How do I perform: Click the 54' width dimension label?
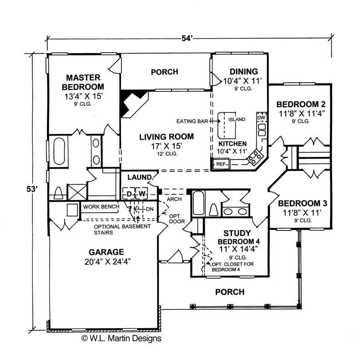187,38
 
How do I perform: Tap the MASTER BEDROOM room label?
83,82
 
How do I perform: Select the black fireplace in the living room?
132,101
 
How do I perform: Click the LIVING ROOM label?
166,136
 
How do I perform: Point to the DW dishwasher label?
261,118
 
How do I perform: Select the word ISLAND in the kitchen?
237,120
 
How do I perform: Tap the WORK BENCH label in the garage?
101,207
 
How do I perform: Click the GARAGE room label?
106,251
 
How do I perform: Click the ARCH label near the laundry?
175,199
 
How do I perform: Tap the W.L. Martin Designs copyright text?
121,338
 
